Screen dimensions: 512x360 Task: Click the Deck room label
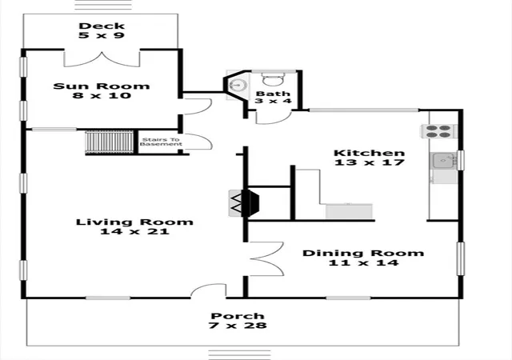point(102,26)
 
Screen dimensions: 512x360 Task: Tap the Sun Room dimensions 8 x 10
point(102,96)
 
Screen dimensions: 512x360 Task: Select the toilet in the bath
point(274,79)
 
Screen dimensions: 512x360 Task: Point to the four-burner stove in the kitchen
point(439,131)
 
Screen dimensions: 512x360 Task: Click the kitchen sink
point(443,161)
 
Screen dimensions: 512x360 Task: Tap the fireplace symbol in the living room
point(243,203)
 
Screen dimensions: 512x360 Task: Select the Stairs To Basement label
point(161,142)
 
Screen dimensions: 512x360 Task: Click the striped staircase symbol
point(110,142)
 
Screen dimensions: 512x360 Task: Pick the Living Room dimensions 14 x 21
point(134,232)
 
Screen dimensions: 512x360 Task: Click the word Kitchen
point(370,153)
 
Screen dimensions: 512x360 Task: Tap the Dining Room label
point(363,253)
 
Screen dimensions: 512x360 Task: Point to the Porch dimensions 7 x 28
point(238,326)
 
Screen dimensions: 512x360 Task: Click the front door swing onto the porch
point(208,290)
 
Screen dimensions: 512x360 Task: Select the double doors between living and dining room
point(266,258)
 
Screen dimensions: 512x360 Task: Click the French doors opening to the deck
point(102,59)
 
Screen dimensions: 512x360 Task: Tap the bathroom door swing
point(273,118)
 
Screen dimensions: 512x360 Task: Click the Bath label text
point(273,94)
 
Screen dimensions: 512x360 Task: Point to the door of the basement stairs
point(198,142)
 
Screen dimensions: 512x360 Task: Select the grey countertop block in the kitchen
point(349,211)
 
